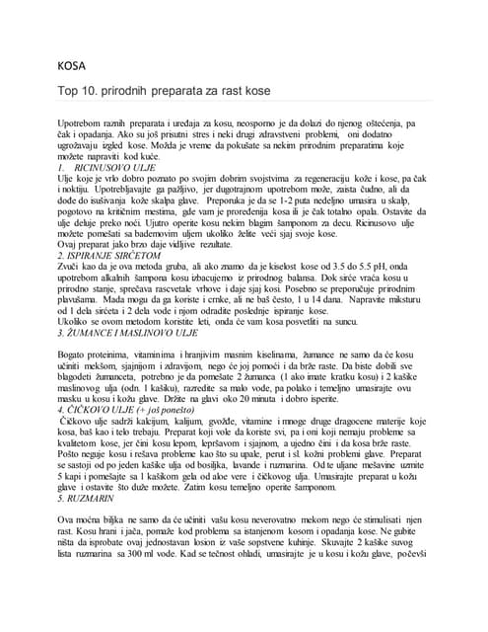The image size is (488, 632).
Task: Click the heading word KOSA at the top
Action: point(73,68)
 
